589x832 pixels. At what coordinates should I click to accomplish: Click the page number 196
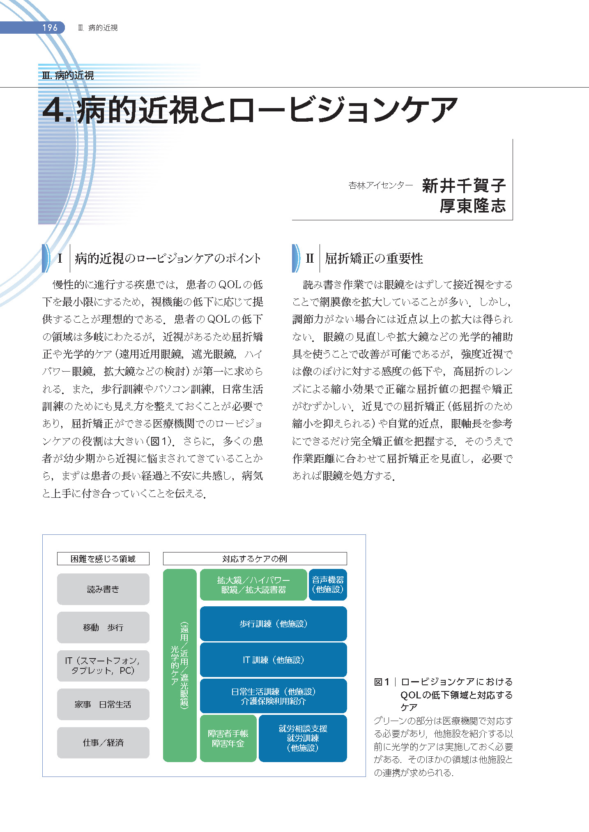(50, 28)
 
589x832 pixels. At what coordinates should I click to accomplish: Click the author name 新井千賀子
(464, 186)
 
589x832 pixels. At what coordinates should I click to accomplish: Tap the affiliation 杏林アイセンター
(380, 186)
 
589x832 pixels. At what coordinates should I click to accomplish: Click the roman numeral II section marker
(309, 259)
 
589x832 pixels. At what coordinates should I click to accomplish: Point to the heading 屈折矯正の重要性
(374, 259)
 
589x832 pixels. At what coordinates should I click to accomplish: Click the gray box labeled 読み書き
(103, 589)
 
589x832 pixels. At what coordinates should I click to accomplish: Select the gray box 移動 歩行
(103, 627)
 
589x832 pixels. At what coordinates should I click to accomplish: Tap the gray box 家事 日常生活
(103, 704)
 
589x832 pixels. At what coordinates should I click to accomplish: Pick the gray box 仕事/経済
(103, 742)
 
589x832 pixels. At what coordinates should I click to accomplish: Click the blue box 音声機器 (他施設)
(328, 585)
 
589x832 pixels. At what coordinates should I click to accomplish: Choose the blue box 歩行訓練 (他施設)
(273, 624)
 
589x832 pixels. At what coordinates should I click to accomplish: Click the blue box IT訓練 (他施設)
(273, 660)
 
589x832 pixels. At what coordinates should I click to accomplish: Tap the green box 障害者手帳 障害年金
(228, 738)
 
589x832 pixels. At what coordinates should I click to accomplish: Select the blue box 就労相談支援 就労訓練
(303, 738)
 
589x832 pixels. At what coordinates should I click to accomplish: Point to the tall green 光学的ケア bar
(180, 665)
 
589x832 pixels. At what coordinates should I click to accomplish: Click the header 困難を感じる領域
(103, 559)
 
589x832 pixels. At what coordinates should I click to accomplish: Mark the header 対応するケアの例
(255, 559)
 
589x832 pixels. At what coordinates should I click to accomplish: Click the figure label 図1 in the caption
(382, 682)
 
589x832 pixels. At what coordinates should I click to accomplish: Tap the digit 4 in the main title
(55, 110)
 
